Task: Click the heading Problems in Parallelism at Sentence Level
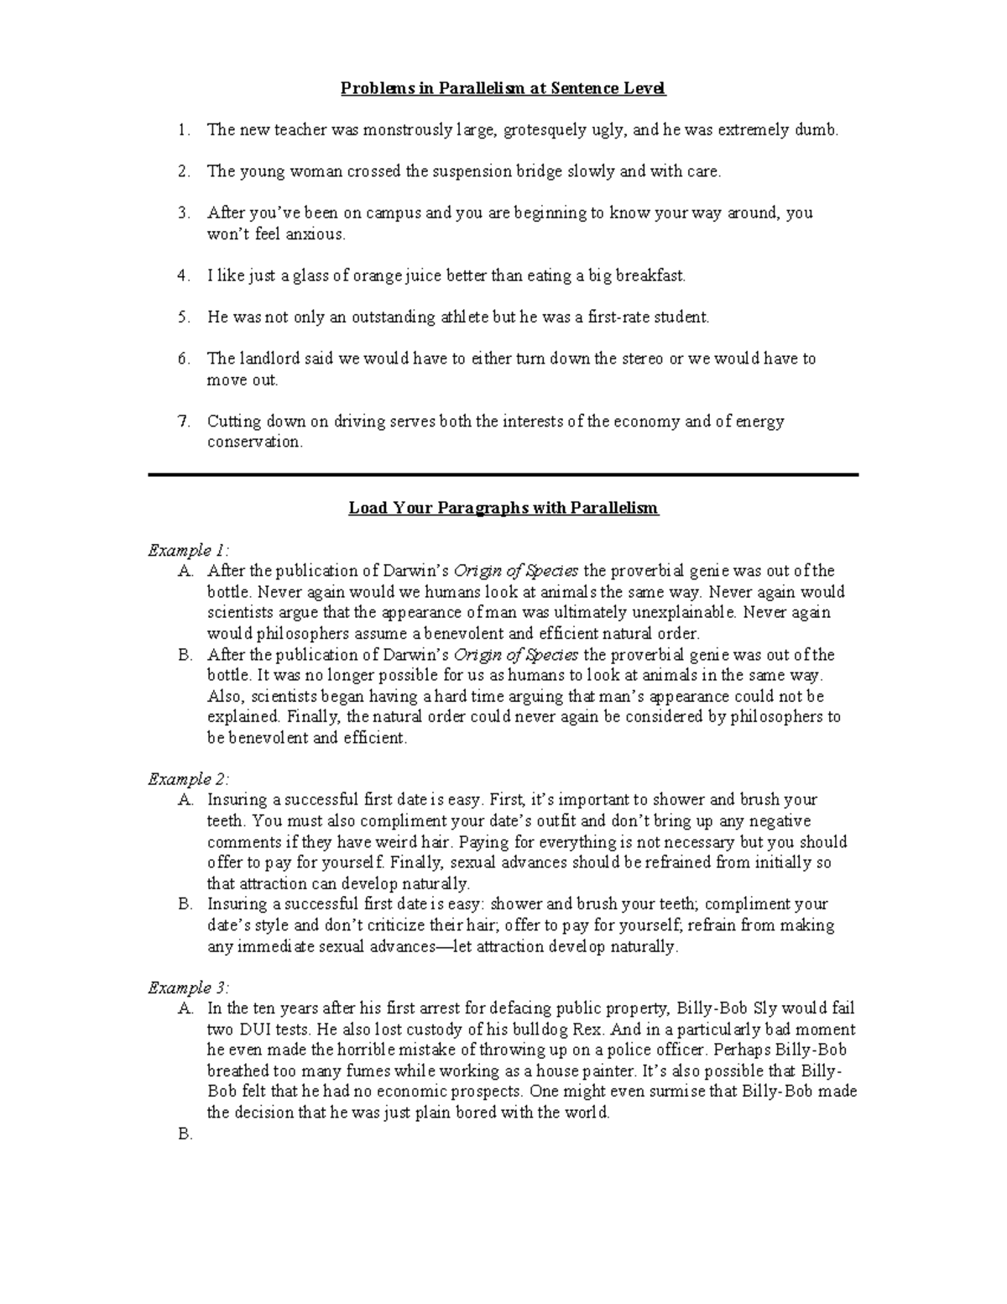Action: [x=503, y=88]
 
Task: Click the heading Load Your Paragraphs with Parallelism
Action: [x=503, y=508]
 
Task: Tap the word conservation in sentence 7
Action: [x=253, y=443]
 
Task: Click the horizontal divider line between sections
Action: [x=503, y=475]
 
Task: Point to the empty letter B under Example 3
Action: [x=185, y=1134]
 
